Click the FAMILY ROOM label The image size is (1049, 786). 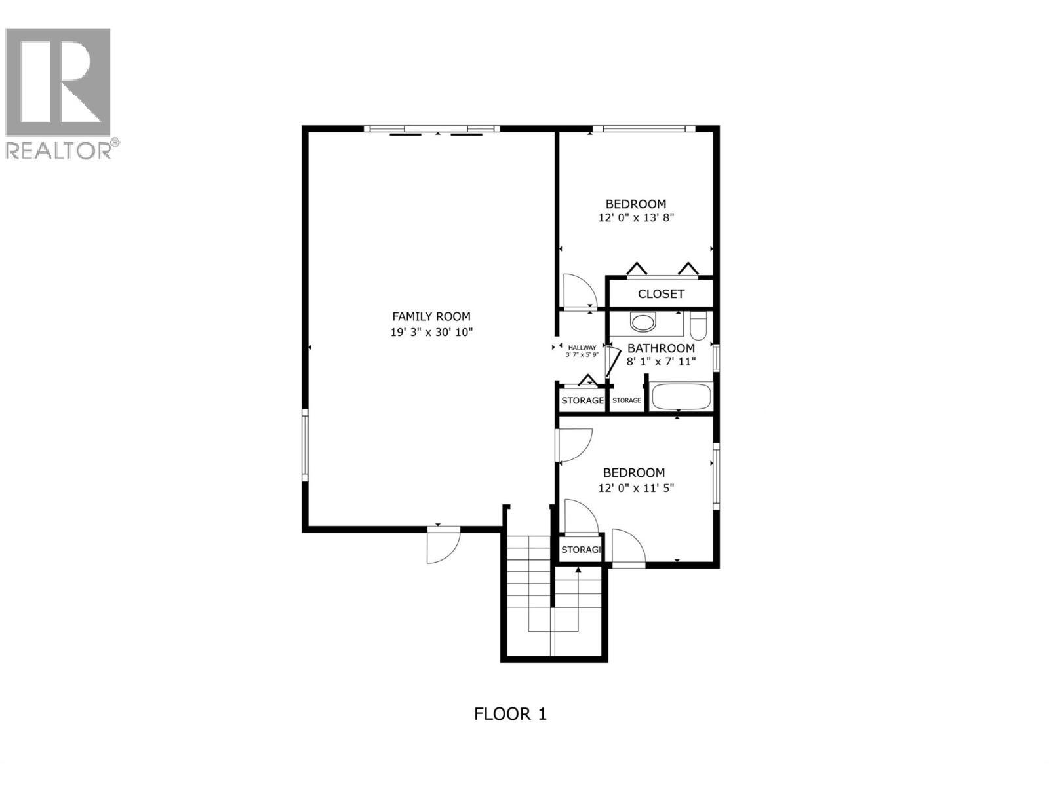coord(431,316)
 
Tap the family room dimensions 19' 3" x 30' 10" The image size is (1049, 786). coord(431,332)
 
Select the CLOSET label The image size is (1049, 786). coord(661,294)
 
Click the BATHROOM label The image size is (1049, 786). coord(661,348)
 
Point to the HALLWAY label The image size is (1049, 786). coord(582,348)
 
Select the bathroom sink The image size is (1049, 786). coord(643,322)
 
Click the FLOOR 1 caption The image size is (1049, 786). coord(510,713)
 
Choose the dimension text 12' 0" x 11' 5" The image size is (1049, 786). coord(636,487)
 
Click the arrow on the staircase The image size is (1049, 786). coord(578,571)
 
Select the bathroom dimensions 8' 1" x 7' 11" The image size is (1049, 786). coord(661,361)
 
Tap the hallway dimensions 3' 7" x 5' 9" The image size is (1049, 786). coord(582,355)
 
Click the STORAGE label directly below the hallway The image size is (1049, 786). coord(582,400)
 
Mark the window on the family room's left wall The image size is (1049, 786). coord(305,445)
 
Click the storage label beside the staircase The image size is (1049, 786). coord(581,550)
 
